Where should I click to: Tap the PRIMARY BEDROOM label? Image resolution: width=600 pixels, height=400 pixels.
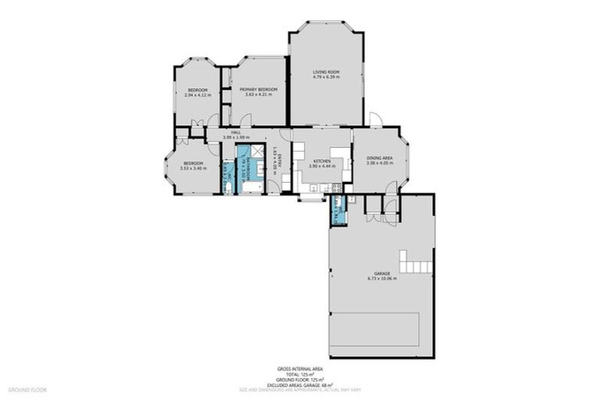tap(259, 89)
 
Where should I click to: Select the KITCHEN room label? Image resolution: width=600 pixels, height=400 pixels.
tap(321, 161)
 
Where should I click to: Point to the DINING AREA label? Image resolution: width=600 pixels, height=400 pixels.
tap(380, 158)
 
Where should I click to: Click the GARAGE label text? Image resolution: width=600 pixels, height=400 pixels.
tap(381, 273)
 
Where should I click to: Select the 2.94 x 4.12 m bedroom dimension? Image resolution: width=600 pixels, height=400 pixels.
tap(197, 95)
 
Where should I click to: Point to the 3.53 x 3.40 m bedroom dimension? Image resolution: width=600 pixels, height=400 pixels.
tap(193, 168)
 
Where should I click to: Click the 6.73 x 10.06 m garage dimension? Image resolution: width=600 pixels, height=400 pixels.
tap(381, 278)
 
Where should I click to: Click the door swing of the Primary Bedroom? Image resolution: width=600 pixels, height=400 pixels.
tap(245, 120)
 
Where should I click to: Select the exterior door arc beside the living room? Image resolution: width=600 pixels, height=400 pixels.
tap(375, 120)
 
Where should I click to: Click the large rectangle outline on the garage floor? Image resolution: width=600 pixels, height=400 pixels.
tap(375, 331)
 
